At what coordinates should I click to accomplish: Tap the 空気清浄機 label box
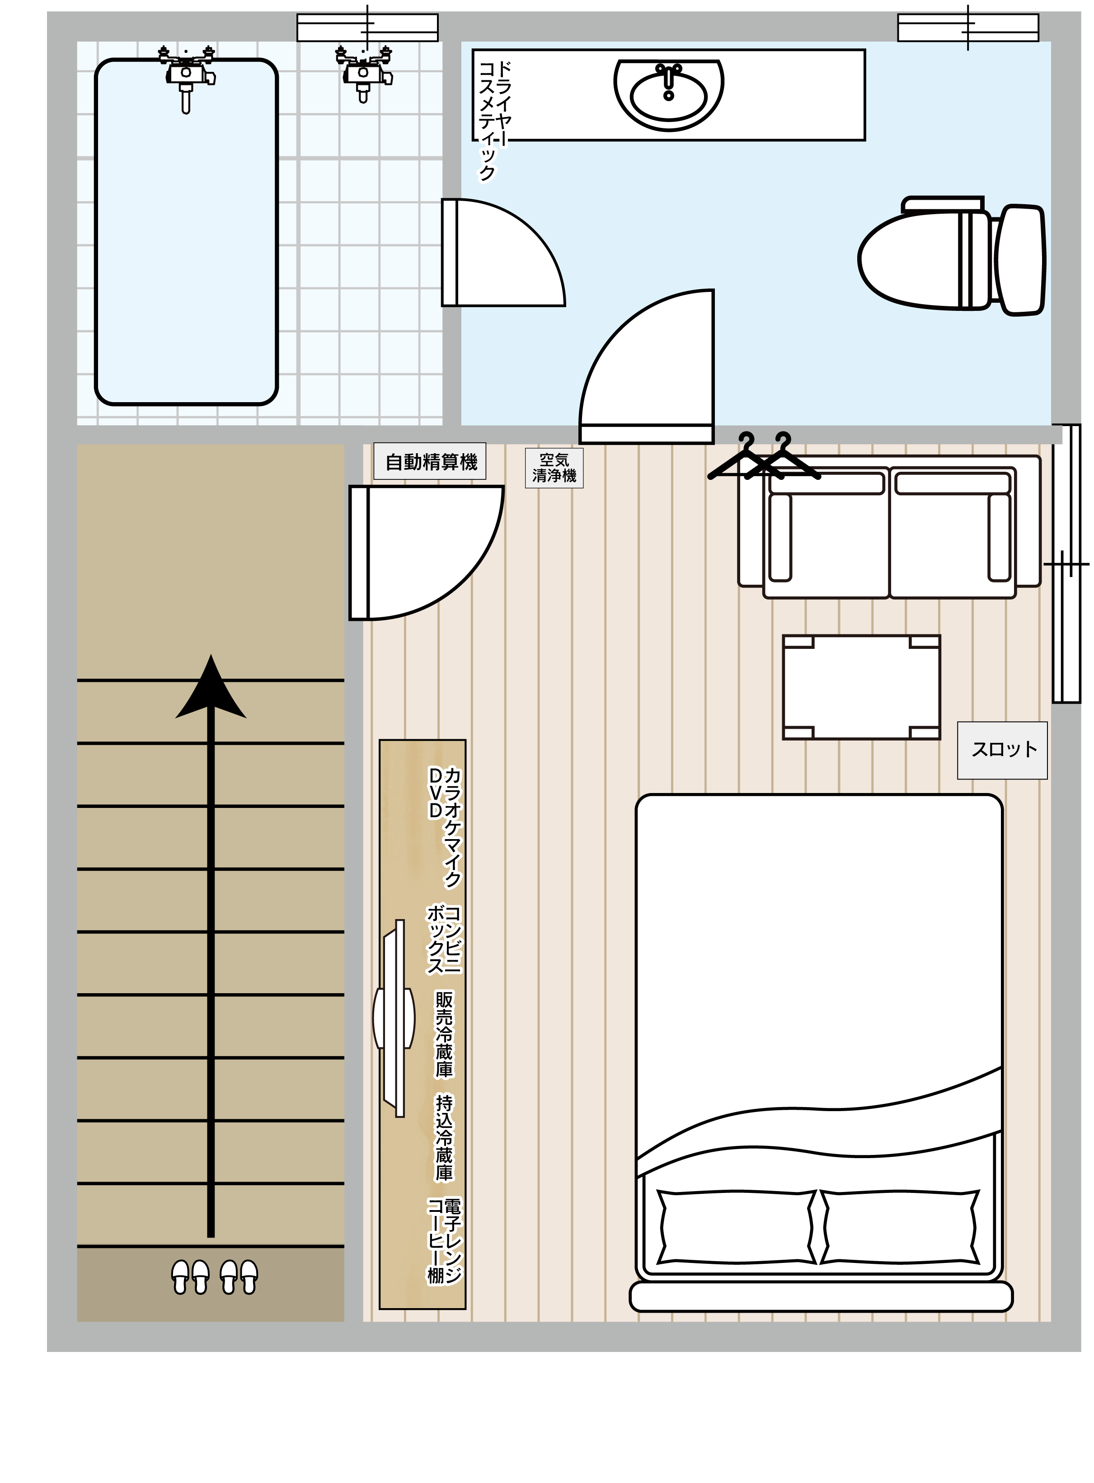tap(554, 468)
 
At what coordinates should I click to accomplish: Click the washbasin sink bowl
tap(669, 95)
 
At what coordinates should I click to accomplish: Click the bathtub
tap(186, 232)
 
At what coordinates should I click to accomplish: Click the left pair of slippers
tap(191, 1277)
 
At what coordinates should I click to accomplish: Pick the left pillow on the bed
tap(737, 1227)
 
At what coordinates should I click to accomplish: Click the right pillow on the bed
tap(899, 1227)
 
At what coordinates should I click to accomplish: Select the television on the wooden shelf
tap(394, 1018)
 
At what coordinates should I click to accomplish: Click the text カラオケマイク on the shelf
tap(452, 827)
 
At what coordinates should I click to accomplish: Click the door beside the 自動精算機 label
tap(426, 553)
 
